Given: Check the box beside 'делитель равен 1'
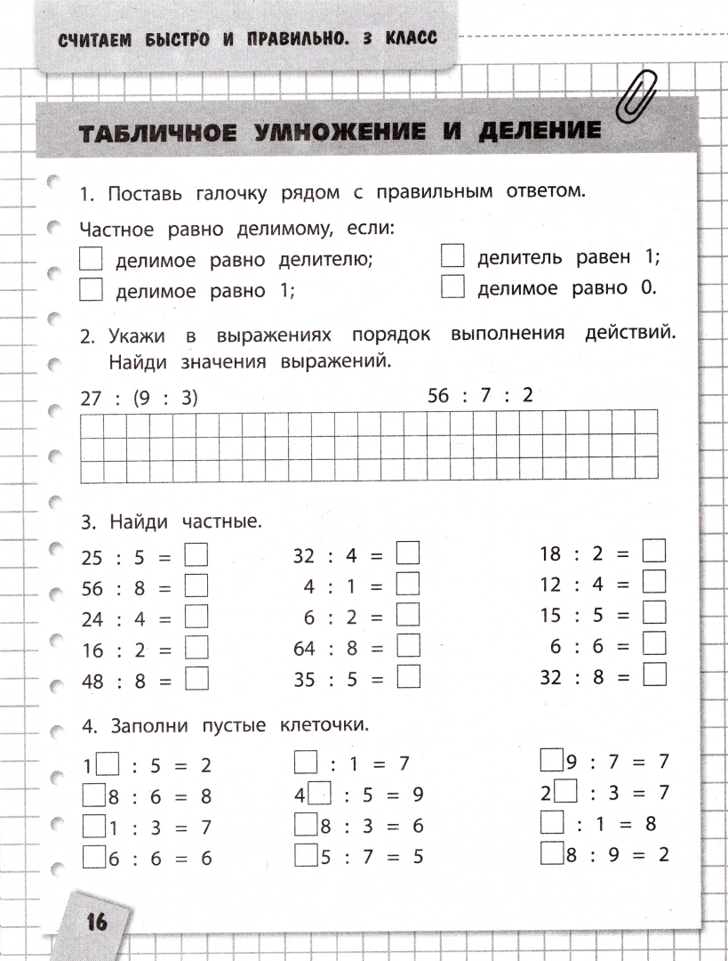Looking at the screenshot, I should (x=453, y=256).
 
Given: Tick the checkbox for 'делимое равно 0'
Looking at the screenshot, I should (x=453, y=287).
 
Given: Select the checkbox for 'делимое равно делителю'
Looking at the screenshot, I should (x=91, y=259).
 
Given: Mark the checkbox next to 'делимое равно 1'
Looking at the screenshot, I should (x=91, y=289).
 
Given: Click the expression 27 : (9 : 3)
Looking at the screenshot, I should (x=139, y=398).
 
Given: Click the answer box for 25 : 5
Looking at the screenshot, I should (x=196, y=555).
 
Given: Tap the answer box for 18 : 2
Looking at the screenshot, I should (x=654, y=551).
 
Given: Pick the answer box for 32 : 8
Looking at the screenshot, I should (x=654, y=674).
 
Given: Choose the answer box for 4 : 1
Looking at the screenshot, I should (x=408, y=585).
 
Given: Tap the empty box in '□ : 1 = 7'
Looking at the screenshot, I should (x=306, y=763).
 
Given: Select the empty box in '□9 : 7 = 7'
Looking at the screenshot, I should (x=551, y=761).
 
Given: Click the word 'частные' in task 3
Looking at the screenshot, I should (x=221, y=520).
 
